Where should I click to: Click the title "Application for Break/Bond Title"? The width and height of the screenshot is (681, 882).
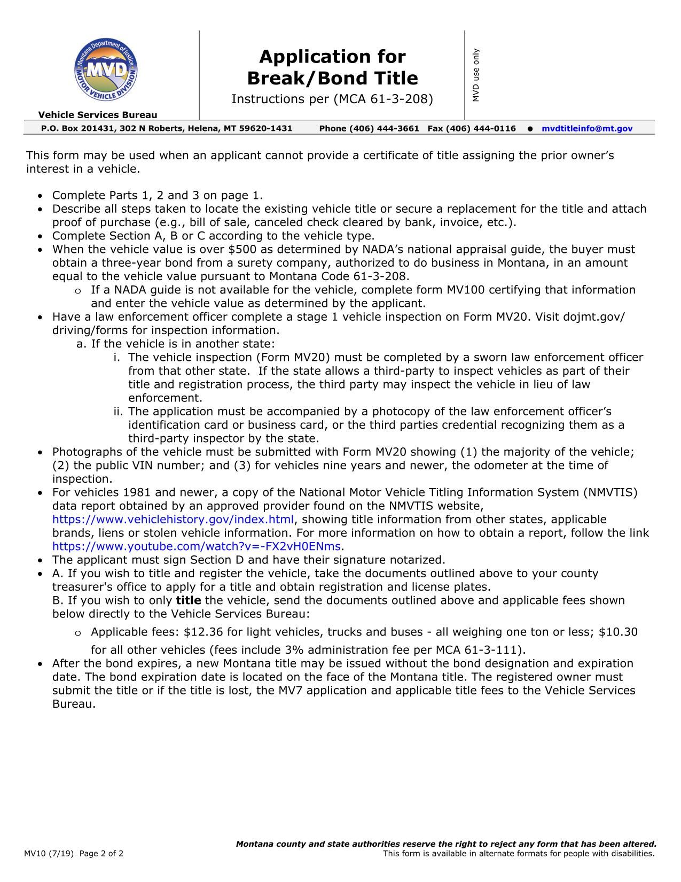click(x=332, y=67)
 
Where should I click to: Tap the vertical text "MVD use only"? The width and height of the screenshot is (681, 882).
click(x=476, y=75)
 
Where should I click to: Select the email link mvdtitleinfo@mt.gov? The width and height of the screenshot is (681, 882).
click(x=586, y=129)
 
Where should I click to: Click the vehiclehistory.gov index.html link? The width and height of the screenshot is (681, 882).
click(x=173, y=520)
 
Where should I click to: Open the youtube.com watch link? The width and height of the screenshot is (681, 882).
click(x=196, y=546)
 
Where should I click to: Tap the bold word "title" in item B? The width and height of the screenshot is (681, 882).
click(x=189, y=600)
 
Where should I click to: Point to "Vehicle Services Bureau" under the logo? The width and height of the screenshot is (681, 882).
click(x=98, y=115)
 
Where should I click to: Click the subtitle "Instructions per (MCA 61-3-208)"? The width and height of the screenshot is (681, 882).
click(x=332, y=99)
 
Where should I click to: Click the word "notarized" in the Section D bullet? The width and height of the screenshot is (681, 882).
click(x=417, y=560)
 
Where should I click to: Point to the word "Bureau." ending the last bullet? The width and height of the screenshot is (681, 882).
click(x=74, y=704)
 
